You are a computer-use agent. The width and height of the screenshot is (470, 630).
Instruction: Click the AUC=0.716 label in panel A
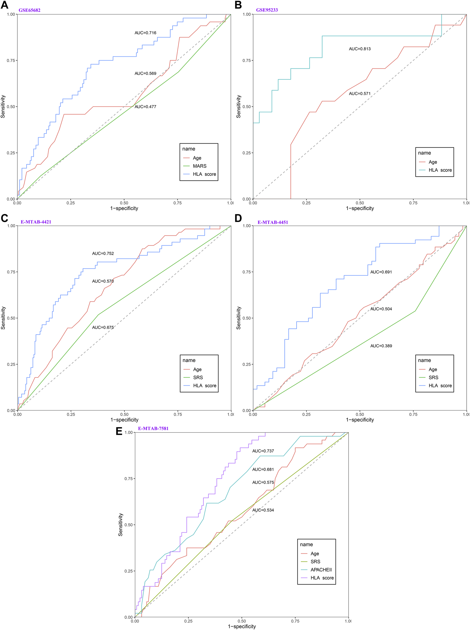tap(145, 33)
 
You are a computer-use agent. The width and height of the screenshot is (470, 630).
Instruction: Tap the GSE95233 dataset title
tap(266, 10)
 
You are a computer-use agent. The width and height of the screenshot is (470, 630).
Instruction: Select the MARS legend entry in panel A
tap(200, 166)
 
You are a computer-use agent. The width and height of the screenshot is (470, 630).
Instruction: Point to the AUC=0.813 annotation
tap(360, 49)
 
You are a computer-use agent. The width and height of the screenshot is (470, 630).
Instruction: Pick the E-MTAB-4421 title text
tap(36, 222)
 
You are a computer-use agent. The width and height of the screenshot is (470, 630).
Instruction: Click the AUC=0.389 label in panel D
tap(381, 346)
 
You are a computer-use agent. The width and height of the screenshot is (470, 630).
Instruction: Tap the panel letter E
tap(119, 431)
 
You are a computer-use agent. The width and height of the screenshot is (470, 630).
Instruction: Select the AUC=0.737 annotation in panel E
tap(263, 451)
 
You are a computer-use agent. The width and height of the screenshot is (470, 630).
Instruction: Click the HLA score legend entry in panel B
tap(440, 170)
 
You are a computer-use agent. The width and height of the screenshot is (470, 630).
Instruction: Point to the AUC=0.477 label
tap(145, 106)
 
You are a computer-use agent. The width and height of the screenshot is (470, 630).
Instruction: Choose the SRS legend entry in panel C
tap(198, 377)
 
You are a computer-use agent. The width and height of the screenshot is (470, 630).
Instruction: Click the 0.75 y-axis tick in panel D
tap(246, 272)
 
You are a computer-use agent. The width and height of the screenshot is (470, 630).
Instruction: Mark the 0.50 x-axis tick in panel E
tap(242, 621)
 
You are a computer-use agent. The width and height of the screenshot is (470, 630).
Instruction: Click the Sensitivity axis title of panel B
tap(238, 106)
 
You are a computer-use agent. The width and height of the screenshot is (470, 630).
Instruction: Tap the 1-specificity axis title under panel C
tap(124, 419)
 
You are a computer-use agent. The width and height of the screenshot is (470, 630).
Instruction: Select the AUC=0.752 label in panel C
tap(103, 253)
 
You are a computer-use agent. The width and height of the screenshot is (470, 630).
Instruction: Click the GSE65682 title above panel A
tap(29, 10)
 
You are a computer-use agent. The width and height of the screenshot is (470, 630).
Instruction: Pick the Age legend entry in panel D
tap(433, 369)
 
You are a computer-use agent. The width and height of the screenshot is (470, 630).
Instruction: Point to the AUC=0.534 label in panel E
tap(263, 510)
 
